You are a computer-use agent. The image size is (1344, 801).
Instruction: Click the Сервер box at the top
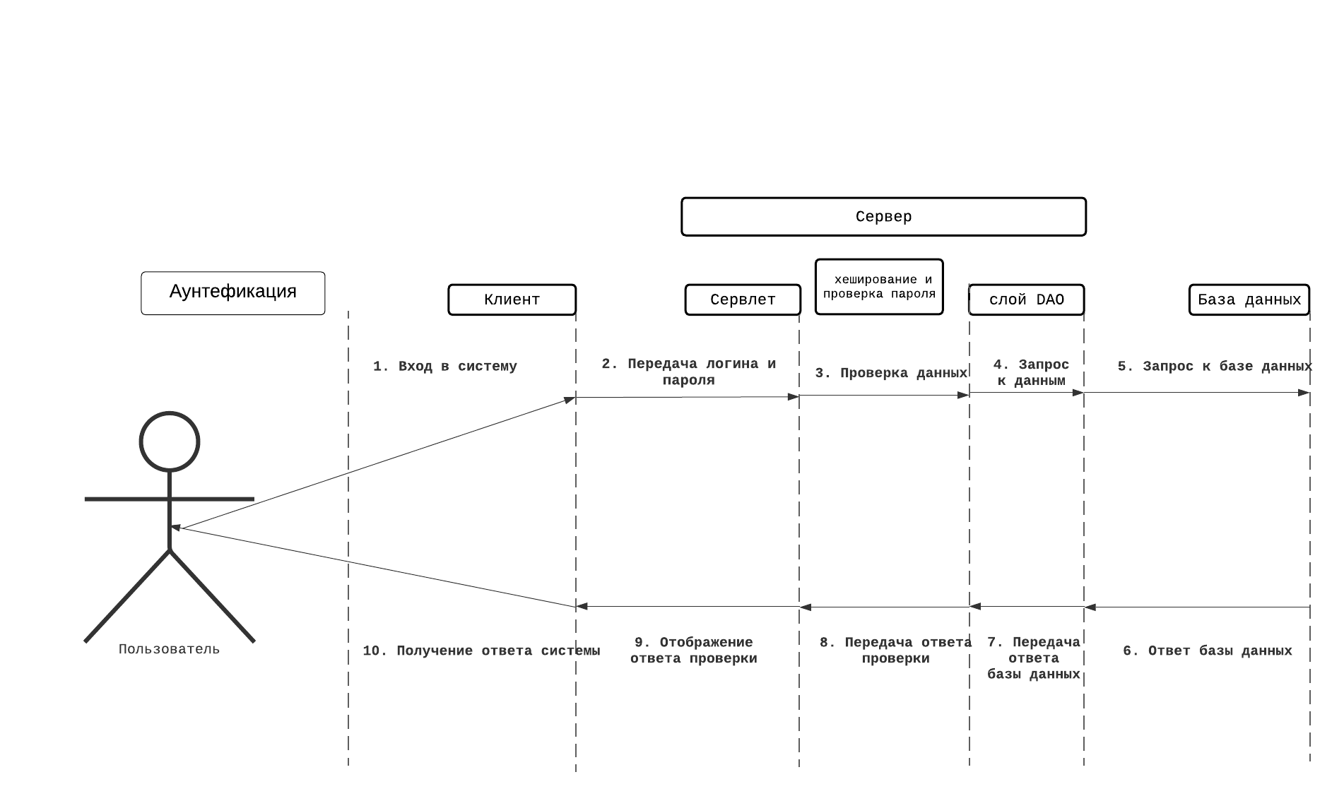coord(883,217)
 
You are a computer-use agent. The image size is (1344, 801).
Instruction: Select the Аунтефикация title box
coord(233,292)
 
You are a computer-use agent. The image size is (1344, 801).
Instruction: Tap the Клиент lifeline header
coord(512,299)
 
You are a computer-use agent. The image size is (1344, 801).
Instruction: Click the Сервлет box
coord(743,299)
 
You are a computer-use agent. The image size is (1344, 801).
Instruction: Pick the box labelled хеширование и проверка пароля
coord(879,287)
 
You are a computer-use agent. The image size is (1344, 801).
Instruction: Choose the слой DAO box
coord(1026,299)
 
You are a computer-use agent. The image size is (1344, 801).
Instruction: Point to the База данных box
coord(1249,299)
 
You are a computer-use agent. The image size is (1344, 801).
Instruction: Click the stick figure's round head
coord(170,441)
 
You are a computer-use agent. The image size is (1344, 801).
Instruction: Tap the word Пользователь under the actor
coord(169,649)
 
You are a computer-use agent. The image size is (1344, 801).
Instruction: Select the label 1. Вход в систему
coord(445,367)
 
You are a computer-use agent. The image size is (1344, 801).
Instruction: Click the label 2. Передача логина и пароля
coord(688,372)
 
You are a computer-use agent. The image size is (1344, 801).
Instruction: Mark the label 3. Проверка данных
coord(890,373)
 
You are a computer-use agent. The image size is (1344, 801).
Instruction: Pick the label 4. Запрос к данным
coord(1031,372)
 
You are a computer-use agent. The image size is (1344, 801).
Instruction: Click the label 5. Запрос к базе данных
coord(1214,367)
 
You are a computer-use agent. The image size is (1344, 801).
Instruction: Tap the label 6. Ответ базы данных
coord(1207,651)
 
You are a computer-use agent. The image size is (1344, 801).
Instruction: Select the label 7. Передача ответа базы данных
coord(1033,658)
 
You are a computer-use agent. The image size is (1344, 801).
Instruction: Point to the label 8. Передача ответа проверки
coord(895,651)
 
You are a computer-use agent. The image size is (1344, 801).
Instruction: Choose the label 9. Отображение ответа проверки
coord(693,651)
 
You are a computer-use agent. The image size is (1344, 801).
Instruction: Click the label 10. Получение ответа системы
coord(481,651)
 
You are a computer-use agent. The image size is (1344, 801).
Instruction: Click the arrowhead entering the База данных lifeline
coord(1304,393)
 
